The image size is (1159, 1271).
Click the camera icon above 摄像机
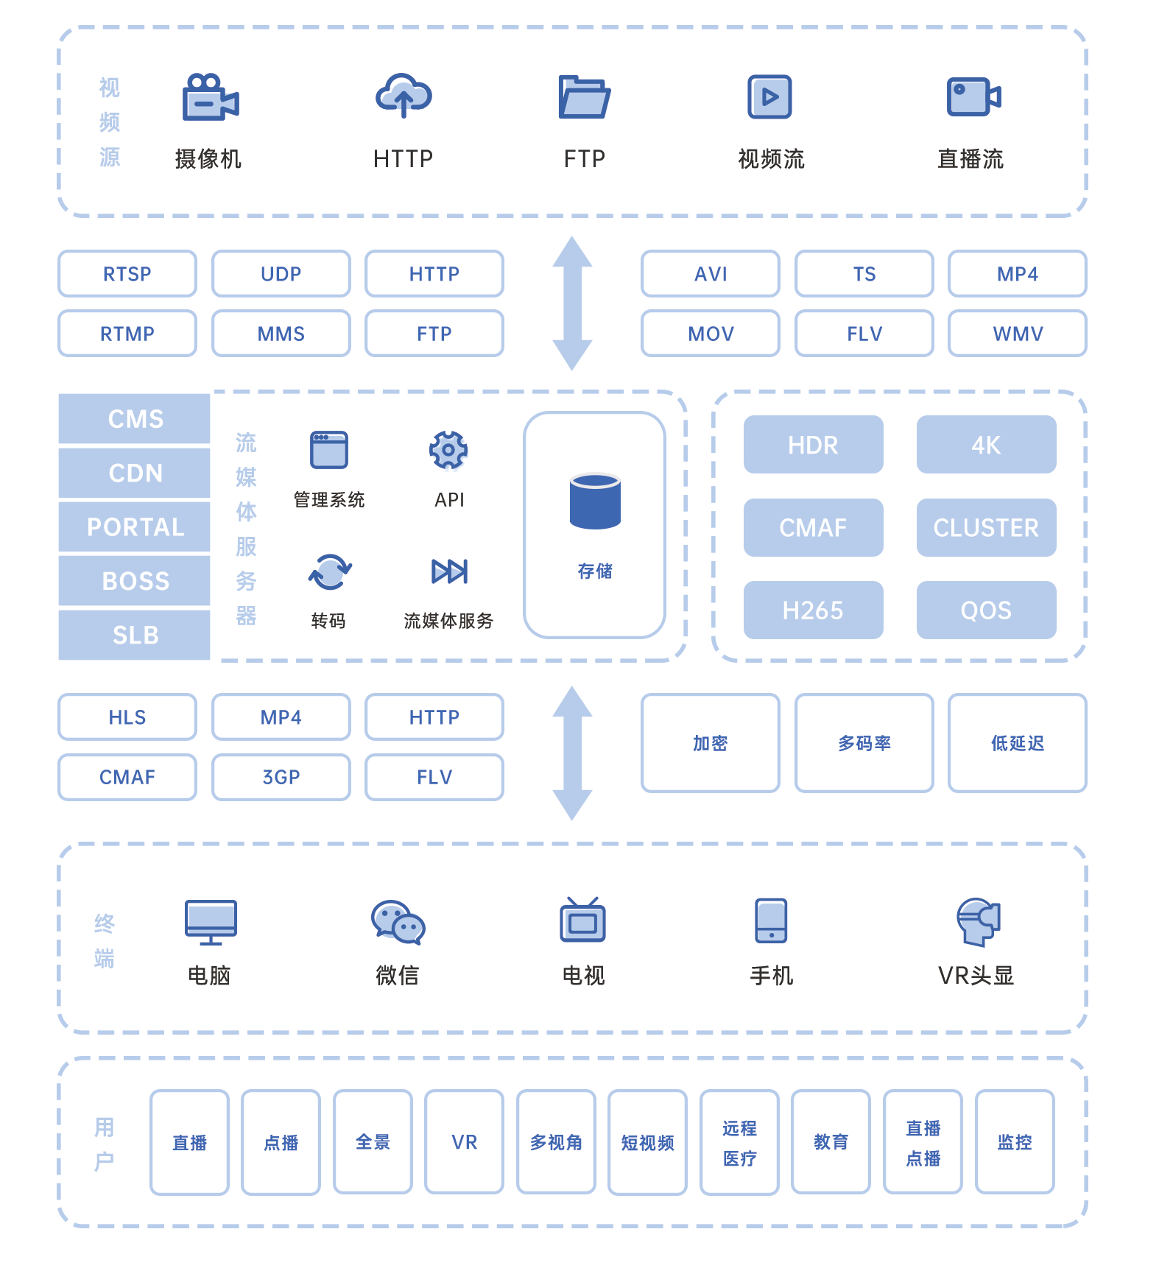pyautogui.click(x=210, y=96)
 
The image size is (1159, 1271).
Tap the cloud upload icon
pyautogui.click(x=404, y=96)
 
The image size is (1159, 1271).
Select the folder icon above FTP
pyautogui.click(x=584, y=96)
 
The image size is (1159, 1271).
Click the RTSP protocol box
pyautogui.click(x=127, y=274)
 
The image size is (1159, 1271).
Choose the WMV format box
pyautogui.click(x=1017, y=334)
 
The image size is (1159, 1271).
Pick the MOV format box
pyautogui.click(x=710, y=334)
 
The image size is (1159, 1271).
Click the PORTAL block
pyautogui.click(x=135, y=527)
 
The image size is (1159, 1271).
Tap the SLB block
pyautogui.click(x=135, y=635)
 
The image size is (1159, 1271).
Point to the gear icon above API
pyautogui.click(x=448, y=450)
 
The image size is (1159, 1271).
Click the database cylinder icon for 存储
pyautogui.click(x=595, y=501)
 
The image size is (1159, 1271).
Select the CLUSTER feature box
pyautogui.click(x=986, y=527)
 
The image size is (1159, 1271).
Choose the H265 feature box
pyautogui.click(x=813, y=610)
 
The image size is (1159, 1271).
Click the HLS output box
pyautogui.click(x=127, y=717)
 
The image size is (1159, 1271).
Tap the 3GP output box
pyautogui.click(x=281, y=777)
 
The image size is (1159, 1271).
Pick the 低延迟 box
pyautogui.click(x=1017, y=743)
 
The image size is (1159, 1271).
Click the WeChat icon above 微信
pyautogui.click(x=398, y=922)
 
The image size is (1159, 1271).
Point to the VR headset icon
pyautogui.click(x=977, y=921)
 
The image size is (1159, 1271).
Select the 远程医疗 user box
pyautogui.click(x=739, y=1142)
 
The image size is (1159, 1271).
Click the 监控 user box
pyautogui.click(x=1014, y=1142)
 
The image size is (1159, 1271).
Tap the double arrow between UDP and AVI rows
pyautogui.click(x=572, y=303)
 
